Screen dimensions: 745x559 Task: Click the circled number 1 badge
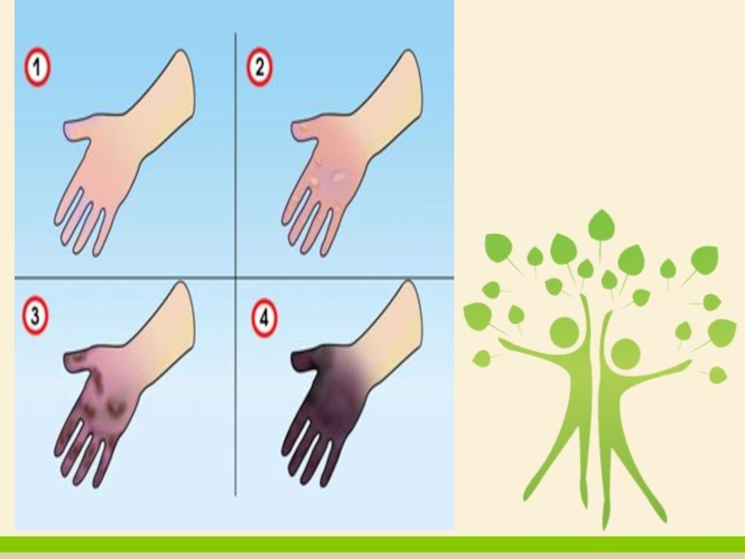pos(37,67)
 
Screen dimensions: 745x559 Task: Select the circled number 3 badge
pos(35,315)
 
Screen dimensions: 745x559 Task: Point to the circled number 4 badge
pos(264,318)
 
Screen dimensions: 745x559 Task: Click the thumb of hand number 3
pos(77,360)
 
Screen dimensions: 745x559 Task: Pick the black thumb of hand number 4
pos(305,361)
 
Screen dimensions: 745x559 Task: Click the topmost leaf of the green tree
pos(601,225)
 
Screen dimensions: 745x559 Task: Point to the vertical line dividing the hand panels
pos(236,265)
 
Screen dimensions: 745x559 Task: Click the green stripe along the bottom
pos(372,544)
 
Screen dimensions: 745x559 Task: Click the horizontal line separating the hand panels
pos(235,277)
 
